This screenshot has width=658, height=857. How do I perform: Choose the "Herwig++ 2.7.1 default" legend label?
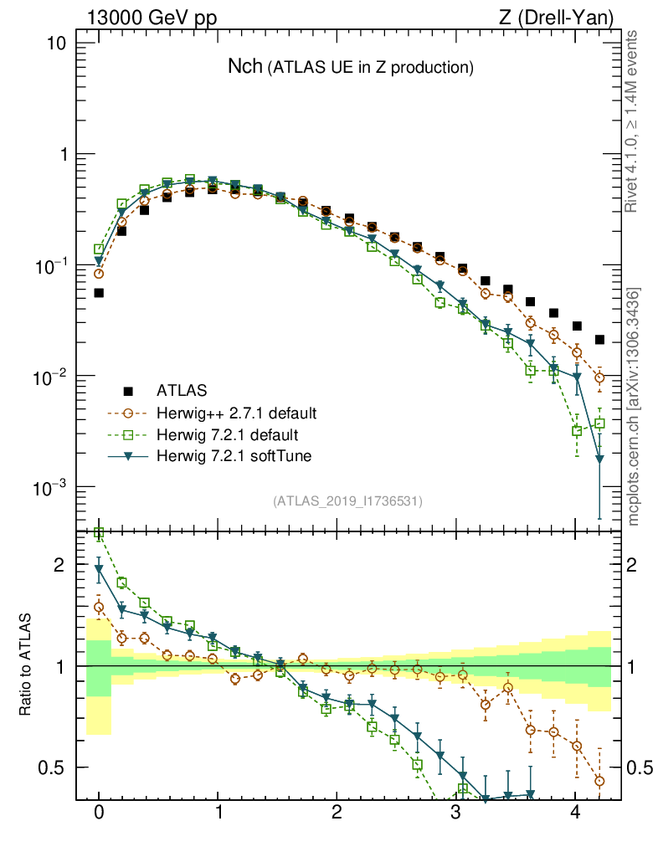[x=235, y=413]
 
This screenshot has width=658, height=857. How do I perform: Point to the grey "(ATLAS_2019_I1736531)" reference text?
[x=347, y=501]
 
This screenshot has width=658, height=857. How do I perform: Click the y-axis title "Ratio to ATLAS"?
[x=26, y=665]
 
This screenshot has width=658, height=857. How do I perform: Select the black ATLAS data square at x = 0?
[x=99, y=293]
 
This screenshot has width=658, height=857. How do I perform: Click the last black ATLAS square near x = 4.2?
[x=599, y=340]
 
